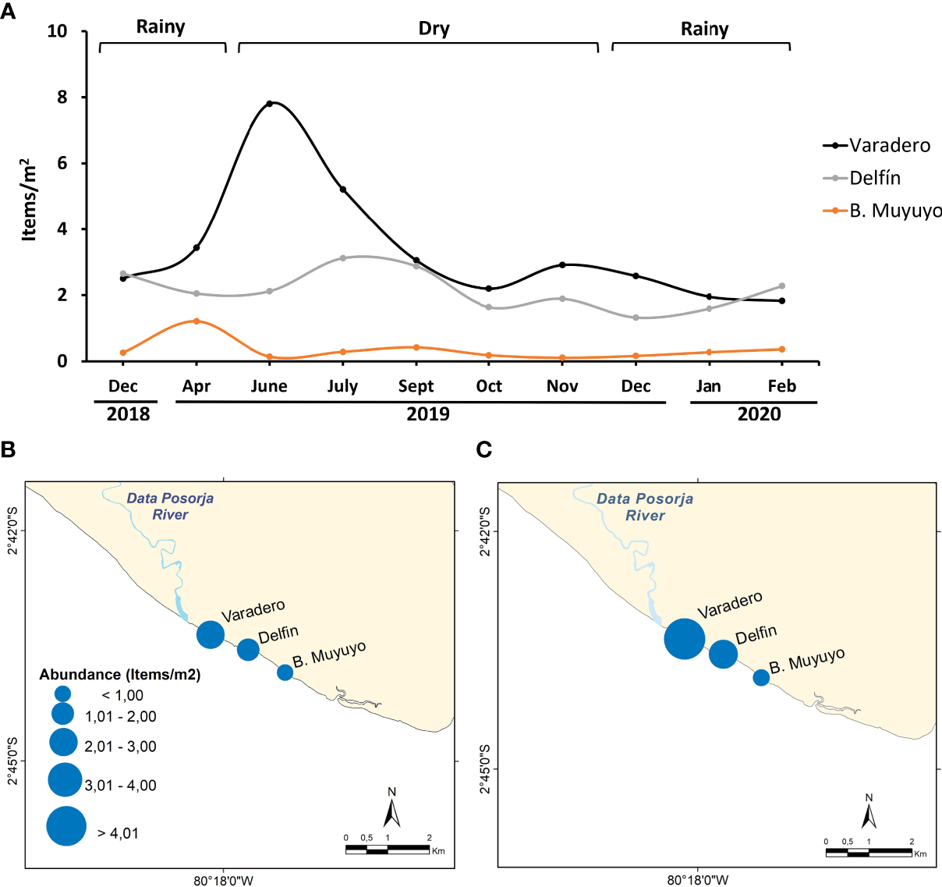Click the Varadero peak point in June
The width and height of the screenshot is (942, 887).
tap(270, 103)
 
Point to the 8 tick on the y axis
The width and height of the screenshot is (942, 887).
tap(62, 98)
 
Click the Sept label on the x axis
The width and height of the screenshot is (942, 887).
tap(416, 386)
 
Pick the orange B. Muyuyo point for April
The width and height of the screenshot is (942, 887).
tap(197, 321)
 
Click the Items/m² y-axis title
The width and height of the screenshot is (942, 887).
tap(29, 200)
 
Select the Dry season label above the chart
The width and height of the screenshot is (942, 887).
tap(434, 29)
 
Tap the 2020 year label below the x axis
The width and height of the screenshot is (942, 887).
tap(759, 414)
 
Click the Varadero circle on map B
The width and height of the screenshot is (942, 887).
tap(211, 635)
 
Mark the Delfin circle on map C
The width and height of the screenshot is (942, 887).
tap(723, 654)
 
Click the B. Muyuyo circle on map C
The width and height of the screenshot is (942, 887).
tap(761, 678)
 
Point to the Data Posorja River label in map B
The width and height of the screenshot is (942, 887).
tap(170, 506)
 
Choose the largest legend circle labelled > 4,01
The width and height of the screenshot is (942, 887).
tap(66, 826)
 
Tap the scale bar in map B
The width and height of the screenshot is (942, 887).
tap(388, 849)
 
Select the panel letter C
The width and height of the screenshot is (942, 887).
tap(483, 450)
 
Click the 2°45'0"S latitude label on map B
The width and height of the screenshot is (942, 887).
tap(13, 761)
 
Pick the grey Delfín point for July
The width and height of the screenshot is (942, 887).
tap(342, 258)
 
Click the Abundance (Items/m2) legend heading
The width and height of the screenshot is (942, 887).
tap(120, 675)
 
